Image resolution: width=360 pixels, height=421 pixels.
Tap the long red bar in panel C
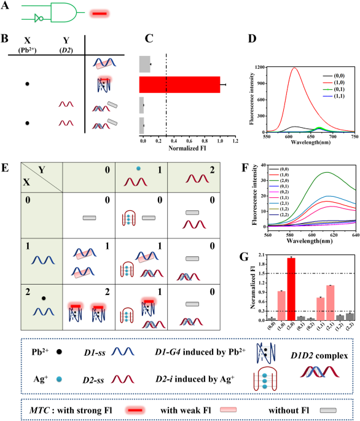[x=180, y=84]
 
